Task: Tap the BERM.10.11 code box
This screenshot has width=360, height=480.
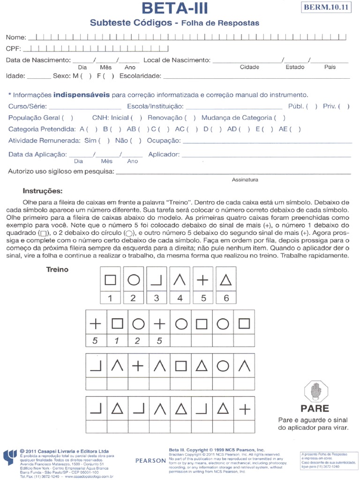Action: (327, 7)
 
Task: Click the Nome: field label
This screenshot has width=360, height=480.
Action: (16, 37)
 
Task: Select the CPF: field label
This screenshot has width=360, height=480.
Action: (14, 49)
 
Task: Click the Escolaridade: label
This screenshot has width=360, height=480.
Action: (140, 76)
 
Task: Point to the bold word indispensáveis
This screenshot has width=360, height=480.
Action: (81, 95)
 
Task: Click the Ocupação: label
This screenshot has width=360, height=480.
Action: (164, 141)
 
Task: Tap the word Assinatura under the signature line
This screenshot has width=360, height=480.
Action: (245, 180)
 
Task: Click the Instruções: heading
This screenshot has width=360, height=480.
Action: (42, 191)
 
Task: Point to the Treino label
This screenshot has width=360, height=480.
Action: (57, 270)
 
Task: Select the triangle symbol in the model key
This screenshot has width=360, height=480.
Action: (226, 280)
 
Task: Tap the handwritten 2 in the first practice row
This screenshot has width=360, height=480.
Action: (137, 341)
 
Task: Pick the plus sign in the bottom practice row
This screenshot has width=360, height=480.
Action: (245, 409)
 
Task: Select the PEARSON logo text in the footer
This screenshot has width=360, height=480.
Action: (150, 461)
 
